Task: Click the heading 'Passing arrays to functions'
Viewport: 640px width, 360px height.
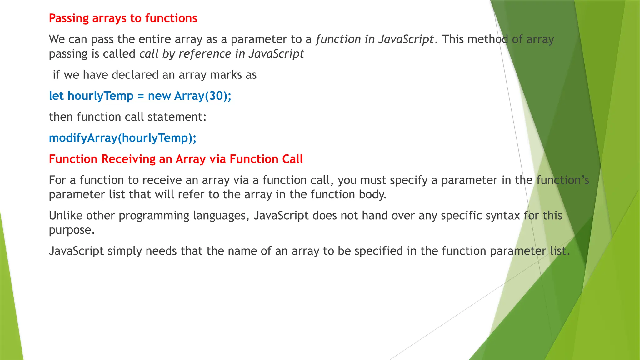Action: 123,18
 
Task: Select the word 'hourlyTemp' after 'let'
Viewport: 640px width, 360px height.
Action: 101,96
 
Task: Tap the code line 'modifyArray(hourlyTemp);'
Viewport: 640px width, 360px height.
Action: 122,138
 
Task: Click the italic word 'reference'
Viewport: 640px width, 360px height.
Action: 205,54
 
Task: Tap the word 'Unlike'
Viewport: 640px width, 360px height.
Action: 66,216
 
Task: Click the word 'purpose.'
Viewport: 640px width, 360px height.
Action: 72,230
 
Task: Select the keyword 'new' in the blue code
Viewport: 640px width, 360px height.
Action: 159,96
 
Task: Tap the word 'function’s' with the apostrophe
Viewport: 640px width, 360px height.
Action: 562,180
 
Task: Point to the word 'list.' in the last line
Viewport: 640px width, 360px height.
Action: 560,251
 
